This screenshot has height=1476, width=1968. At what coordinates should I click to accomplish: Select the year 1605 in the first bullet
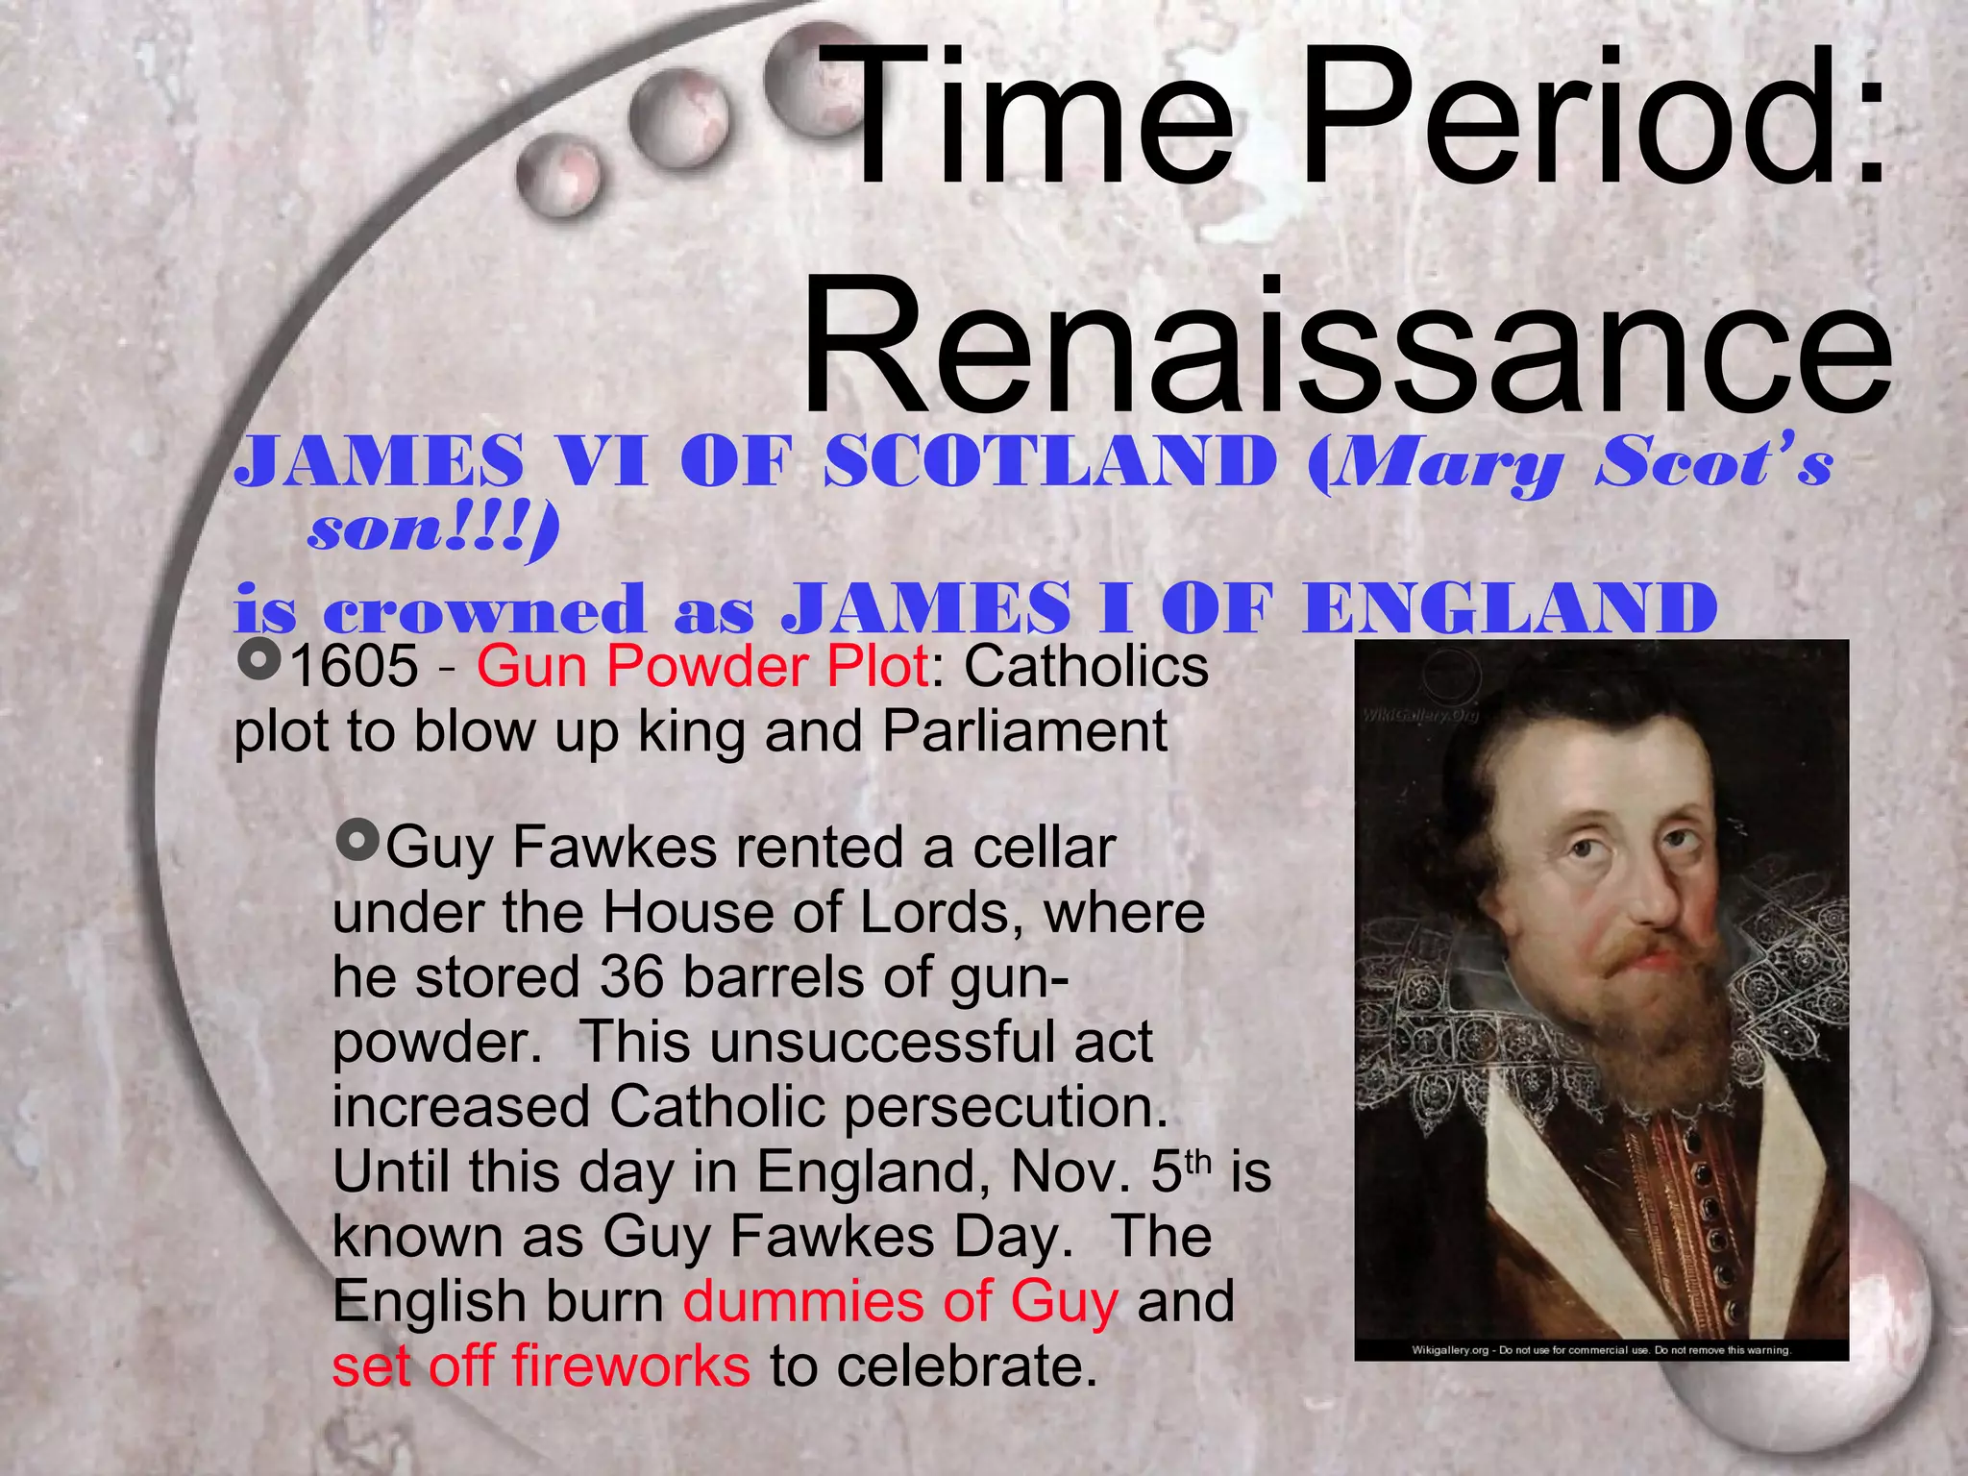pos(354,667)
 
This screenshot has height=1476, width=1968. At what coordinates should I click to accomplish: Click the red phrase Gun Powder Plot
pos(702,667)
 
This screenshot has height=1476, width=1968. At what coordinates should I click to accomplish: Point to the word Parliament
pos(1024,732)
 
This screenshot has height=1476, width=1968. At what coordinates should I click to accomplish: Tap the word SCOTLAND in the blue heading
pos(1049,462)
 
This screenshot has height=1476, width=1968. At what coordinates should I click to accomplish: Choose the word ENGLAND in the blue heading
pos(1509,609)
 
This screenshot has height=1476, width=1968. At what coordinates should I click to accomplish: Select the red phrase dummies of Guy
pos(900,1302)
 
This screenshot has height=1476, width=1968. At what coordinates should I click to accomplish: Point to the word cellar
pos(1044,849)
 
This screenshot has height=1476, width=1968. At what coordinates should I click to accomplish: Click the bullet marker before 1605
pos(258,661)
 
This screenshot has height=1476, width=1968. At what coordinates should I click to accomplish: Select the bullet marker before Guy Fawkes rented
pos(358,842)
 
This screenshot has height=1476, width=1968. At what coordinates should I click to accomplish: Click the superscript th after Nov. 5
pos(1197,1161)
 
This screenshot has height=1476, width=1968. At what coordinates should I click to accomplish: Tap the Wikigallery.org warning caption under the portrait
pos(1601,1350)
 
